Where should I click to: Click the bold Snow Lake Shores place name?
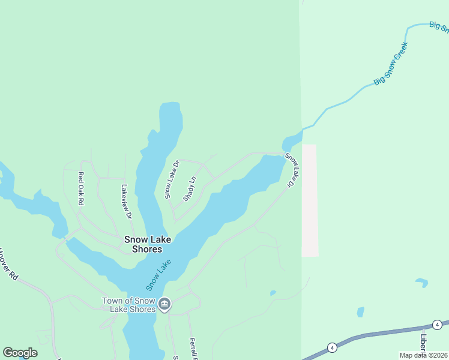[x=148, y=244]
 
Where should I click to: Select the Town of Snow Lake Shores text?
[x=129, y=305]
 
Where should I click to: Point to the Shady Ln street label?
[x=189, y=188]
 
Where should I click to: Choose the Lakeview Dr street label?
[x=126, y=202]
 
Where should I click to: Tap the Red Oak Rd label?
[x=81, y=189]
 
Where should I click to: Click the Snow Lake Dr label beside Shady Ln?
[x=172, y=179]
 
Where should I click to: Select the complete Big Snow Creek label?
[x=391, y=64]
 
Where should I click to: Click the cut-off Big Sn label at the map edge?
[x=439, y=27]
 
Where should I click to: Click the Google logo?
[x=20, y=353]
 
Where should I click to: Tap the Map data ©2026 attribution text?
[x=423, y=355]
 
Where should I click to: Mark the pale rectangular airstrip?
[x=309, y=200]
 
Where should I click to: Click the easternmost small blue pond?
[x=421, y=282]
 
